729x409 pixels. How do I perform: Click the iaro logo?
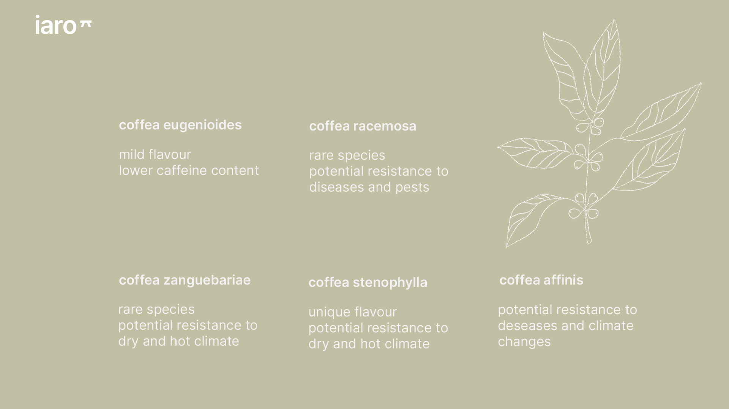[x=63, y=25]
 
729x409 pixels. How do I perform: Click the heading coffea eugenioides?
[x=180, y=125]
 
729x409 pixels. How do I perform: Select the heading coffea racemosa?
[x=363, y=126]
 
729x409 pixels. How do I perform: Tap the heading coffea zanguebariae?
[x=185, y=280]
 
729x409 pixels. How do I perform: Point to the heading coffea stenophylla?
[x=368, y=282]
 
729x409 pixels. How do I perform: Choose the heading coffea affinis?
[x=541, y=280]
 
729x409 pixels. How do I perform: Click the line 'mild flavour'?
[x=155, y=154]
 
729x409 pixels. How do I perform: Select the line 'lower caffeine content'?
[x=189, y=170]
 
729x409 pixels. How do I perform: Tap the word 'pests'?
[x=412, y=187]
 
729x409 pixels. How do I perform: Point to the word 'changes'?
[x=524, y=342]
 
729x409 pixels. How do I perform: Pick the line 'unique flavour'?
[x=352, y=312]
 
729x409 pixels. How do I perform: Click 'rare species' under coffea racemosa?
[x=347, y=156]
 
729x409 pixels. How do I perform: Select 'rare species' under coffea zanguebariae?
[x=156, y=310]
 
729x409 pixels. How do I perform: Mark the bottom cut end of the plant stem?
[x=589, y=242]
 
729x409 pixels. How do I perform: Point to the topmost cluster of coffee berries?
[x=590, y=127]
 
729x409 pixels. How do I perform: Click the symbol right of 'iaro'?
[x=85, y=24]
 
